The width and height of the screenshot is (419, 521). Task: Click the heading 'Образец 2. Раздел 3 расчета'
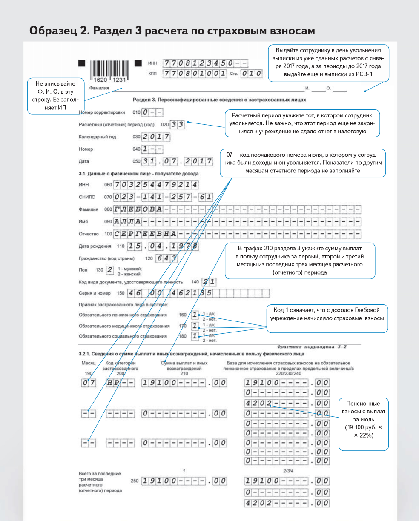point(172,31)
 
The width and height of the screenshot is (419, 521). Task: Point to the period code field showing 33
point(177,125)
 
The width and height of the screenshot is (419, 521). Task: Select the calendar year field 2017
point(156,137)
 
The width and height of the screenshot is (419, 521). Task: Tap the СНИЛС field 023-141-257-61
point(163,197)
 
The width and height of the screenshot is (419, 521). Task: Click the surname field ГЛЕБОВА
point(138,209)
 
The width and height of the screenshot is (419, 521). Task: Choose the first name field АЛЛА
point(127,221)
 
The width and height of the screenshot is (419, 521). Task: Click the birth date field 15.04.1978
point(156,246)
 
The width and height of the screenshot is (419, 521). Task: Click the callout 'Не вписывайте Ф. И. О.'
point(56,96)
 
